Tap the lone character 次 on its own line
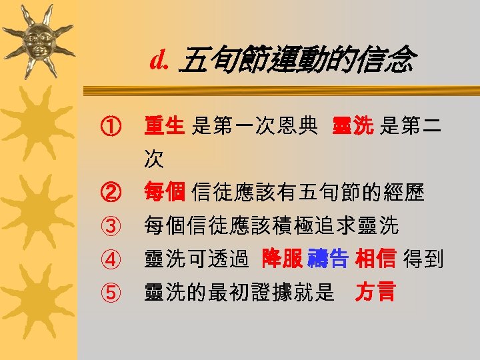(154, 159)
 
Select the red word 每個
(164, 193)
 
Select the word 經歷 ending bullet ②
(407, 193)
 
